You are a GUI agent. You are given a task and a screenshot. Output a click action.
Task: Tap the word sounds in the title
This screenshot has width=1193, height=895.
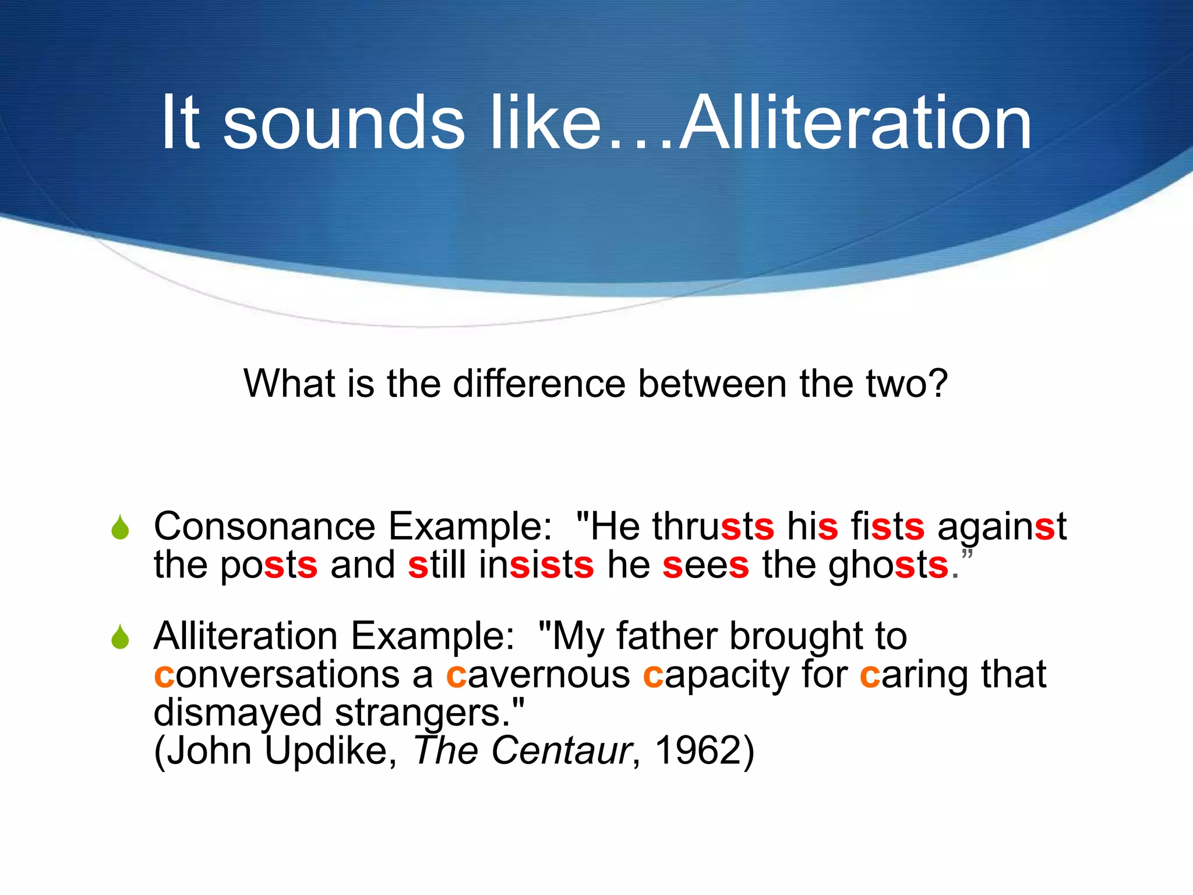(x=344, y=123)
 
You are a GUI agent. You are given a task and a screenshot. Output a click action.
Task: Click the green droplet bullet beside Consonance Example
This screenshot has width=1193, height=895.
(x=120, y=527)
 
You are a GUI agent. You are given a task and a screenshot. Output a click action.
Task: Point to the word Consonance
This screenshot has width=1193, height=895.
(x=264, y=526)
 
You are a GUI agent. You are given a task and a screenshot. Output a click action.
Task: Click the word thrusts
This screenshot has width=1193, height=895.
(x=713, y=526)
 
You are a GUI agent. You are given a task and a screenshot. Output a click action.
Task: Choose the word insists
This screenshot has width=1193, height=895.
(x=536, y=565)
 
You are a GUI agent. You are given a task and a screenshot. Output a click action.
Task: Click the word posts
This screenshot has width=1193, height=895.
(x=269, y=565)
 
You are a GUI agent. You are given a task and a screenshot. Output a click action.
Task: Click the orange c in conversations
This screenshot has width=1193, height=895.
(x=164, y=676)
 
